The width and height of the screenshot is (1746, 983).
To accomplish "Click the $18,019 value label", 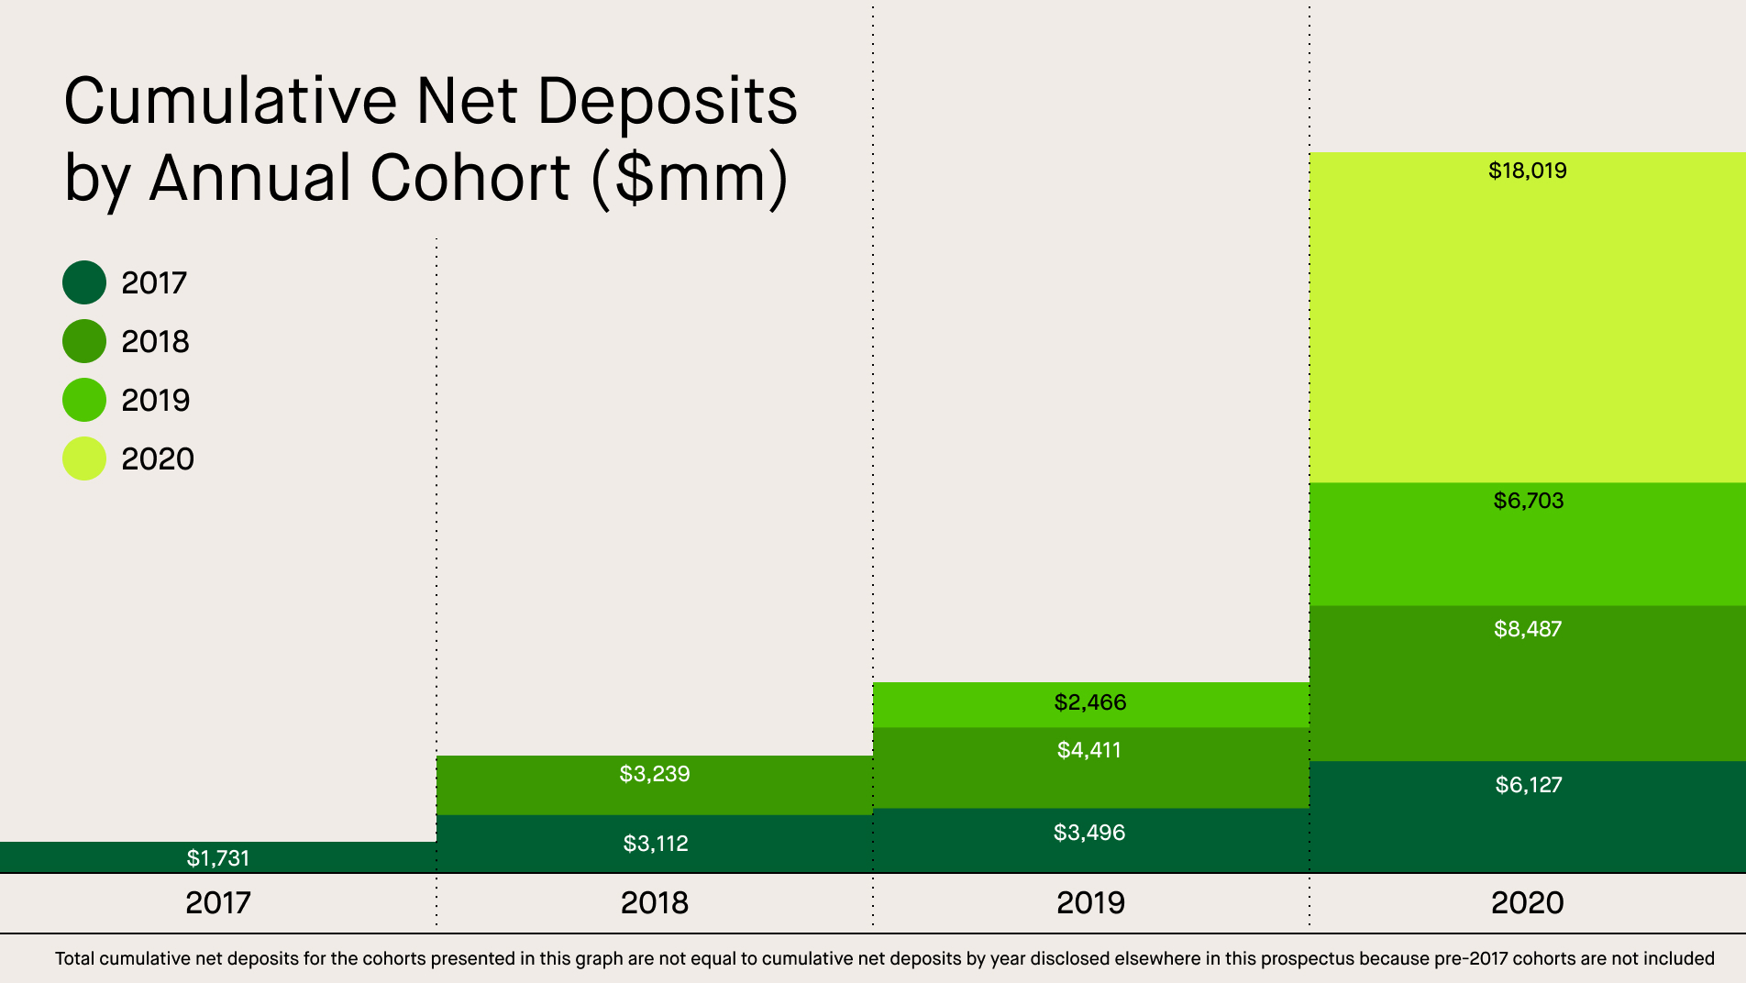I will click(1527, 171).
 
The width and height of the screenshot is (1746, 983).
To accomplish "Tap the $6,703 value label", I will click(1528, 501).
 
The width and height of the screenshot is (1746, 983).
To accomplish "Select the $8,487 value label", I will click(1527, 629).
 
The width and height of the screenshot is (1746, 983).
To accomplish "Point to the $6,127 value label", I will click(1528, 785).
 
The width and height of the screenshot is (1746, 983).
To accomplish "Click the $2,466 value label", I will click(1089, 702).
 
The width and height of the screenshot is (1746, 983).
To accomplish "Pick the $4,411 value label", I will click(1088, 750).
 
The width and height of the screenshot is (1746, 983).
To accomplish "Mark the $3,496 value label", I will click(1088, 833).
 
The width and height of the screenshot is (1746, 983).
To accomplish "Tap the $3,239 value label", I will click(654, 774).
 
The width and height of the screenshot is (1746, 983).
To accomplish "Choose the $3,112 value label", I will click(655, 844).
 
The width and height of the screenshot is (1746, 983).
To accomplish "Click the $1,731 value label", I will click(217, 858).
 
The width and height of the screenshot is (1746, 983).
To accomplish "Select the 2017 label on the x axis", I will click(217, 903).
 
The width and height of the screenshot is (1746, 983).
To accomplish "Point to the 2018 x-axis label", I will click(654, 903).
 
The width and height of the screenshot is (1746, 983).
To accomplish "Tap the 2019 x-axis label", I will click(1090, 903).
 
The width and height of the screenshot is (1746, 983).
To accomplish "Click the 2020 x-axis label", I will click(1527, 903).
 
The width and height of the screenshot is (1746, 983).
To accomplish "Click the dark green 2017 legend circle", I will click(84, 282).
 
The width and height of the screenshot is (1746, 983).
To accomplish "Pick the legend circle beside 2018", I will click(84, 341).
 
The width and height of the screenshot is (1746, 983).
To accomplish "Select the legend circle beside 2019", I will click(84, 400).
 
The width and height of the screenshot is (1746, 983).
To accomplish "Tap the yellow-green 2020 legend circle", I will click(84, 458).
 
